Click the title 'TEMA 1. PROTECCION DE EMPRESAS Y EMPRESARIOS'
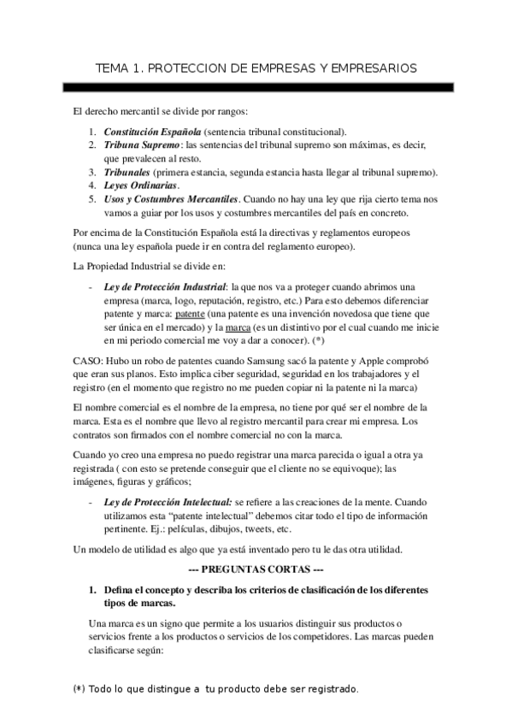coord(256,66)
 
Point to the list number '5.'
coord(92,199)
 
